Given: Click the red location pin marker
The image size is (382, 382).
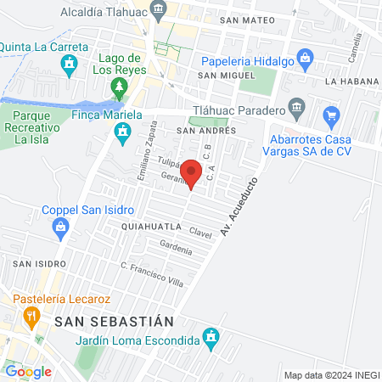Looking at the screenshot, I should coord(192,172).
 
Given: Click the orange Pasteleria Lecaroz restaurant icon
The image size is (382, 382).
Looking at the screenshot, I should coord(32,317).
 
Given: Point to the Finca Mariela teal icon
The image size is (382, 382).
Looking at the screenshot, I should coord(123,132).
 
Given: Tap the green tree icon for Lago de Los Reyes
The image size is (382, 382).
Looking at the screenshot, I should coord(119,87).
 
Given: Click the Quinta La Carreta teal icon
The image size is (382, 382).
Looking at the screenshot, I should coord(71,63).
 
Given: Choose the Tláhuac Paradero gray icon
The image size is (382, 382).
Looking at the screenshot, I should coord(296,107).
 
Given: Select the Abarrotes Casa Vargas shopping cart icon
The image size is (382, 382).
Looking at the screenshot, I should coord(332,115).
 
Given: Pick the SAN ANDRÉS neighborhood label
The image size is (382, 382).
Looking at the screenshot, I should coord(199,132).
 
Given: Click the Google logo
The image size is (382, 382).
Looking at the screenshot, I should coord(28,371).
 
